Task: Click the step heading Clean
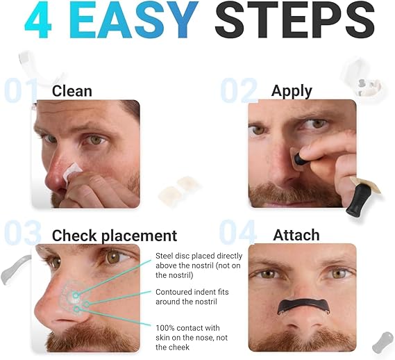(72, 90)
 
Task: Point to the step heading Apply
(292, 91)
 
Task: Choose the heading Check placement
(115, 235)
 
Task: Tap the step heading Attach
(296, 235)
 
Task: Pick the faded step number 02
(240, 90)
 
